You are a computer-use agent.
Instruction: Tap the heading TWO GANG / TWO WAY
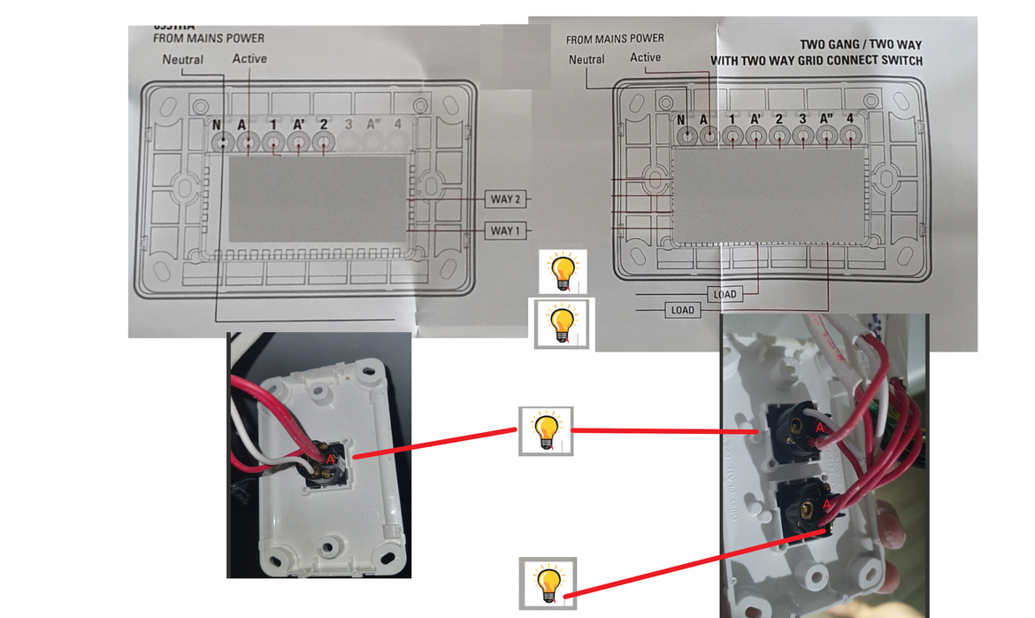click(861, 44)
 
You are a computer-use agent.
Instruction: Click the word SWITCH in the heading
click(902, 61)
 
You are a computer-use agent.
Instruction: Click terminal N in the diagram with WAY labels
click(225, 142)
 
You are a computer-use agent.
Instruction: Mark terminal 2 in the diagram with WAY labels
click(324, 142)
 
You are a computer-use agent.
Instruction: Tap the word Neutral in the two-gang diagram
click(586, 59)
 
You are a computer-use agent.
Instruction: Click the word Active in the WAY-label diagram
click(249, 58)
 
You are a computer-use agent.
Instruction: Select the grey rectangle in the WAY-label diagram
click(318, 199)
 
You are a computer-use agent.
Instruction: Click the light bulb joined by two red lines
click(546, 431)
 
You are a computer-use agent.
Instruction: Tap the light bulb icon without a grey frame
click(563, 271)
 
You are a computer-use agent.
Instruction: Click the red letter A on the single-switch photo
click(330, 460)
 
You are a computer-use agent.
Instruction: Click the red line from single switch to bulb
click(433, 444)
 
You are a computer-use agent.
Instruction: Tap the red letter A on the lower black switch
click(827, 505)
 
